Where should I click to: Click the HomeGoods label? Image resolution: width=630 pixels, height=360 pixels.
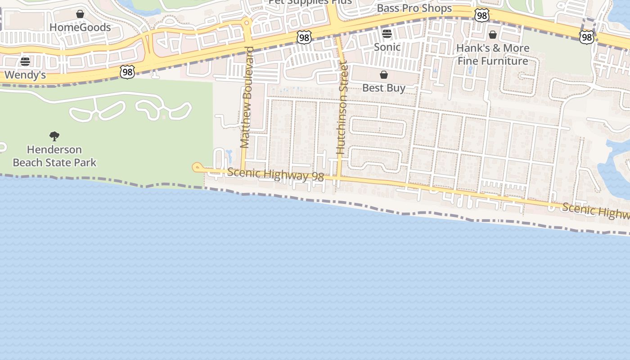pos(80,27)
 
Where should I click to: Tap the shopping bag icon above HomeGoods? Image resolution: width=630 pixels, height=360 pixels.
pos(80,14)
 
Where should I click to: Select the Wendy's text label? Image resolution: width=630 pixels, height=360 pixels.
pos(25,75)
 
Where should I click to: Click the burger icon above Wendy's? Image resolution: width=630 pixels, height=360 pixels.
pos(25,62)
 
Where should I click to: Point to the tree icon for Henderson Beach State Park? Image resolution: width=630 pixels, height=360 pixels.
pos(54,136)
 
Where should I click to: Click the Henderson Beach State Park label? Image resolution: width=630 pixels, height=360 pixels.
pos(54,156)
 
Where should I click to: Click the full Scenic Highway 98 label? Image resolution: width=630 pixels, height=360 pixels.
pos(275,175)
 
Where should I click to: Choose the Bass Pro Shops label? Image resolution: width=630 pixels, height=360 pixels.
pos(414,8)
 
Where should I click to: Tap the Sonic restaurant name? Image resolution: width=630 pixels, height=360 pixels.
pos(387,47)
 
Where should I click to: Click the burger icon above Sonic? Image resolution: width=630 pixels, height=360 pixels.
pos(387,34)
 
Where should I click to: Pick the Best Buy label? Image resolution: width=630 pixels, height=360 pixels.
pos(384,88)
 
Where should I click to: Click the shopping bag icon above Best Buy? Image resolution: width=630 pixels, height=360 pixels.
pos(384,75)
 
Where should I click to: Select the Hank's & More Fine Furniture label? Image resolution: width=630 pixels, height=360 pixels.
pos(493,54)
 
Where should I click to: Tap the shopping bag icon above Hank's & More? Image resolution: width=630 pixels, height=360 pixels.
pos(493,35)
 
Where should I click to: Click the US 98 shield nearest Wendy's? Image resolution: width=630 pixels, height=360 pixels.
pos(127,72)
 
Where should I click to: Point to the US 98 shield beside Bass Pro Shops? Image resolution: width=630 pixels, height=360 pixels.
pos(481,16)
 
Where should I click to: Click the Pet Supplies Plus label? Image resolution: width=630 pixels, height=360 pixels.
pos(310,2)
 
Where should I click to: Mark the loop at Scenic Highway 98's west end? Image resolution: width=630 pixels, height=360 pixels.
pos(197,167)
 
